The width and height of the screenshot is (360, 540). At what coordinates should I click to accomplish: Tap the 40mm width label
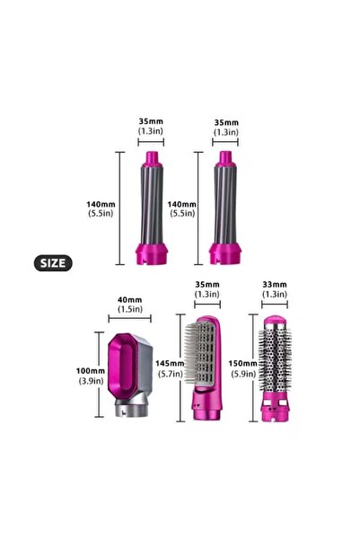[130, 300]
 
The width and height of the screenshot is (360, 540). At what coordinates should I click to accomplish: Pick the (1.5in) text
[130, 310]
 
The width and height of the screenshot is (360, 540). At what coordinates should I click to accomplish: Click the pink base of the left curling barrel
[150, 252]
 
